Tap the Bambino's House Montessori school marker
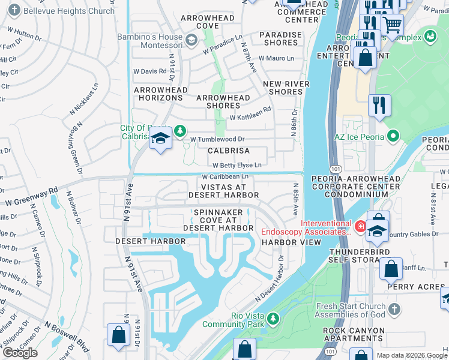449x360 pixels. pos(191,40)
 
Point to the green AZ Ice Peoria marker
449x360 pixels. pos(393,136)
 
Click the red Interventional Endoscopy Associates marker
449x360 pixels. pos(360,226)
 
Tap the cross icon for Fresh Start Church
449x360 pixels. pos(393,309)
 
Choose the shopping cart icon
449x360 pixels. pos(393,25)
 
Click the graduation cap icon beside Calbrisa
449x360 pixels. pos(160,139)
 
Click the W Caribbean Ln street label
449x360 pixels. pos(224,177)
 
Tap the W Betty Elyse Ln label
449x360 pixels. pos(237,165)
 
